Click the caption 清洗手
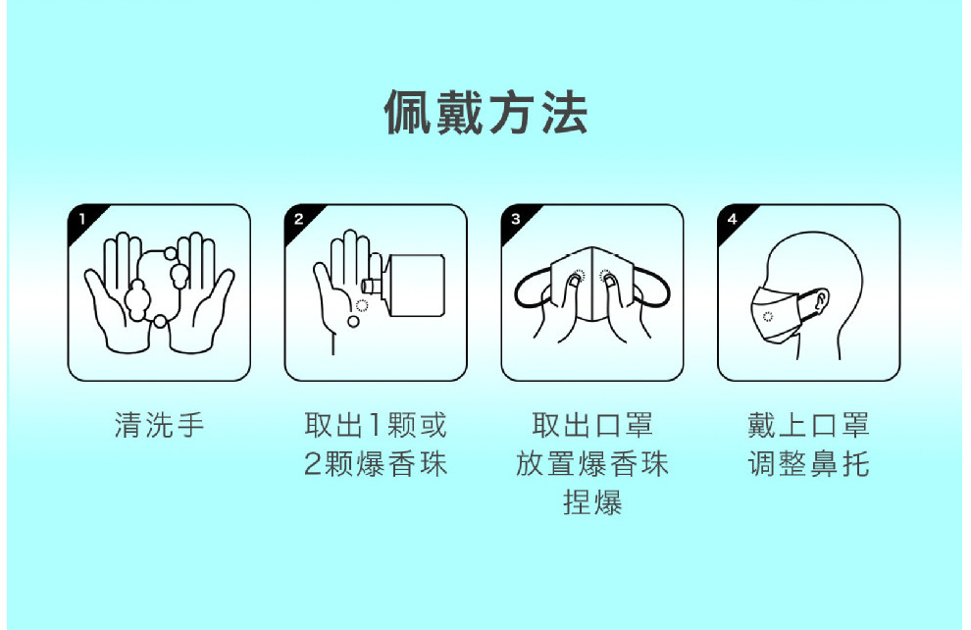coord(159,426)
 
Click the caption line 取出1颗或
coord(376,426)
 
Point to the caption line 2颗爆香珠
coord(376,464)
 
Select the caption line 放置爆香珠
coord(592,464)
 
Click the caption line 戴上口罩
coord(808,426)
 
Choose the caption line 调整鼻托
coord(808,464)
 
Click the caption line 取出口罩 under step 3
coord(592,426)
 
